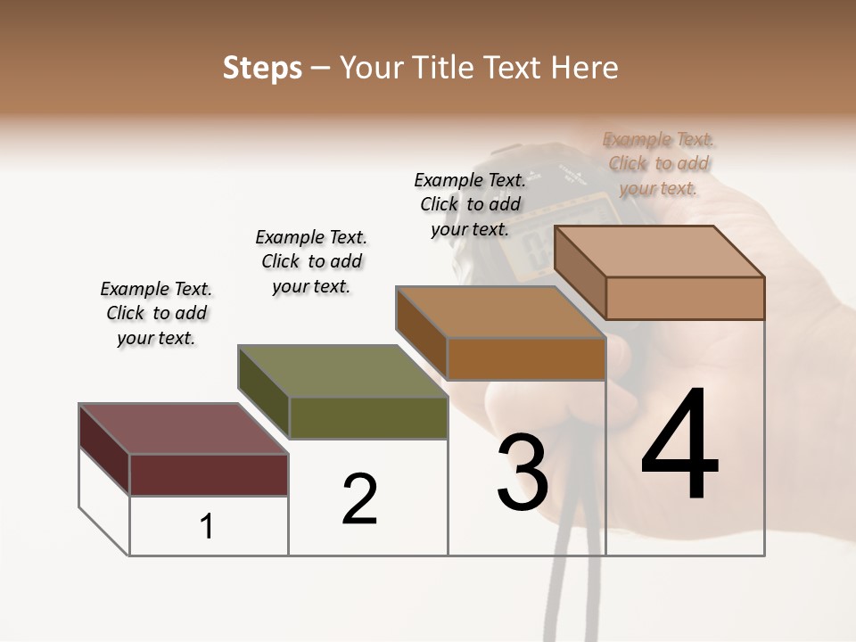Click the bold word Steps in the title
pyautogui.click(x=261, y=68)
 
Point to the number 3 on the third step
pyautogui.click(x=522, y=473)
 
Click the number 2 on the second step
pyautogui.click(x=359, y=499)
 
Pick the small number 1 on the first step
pyautogui.click(x=207, y=526)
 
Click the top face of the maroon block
pyautogui.click(x=183, y=429)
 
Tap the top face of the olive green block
pyautogui.click(x=343, y=371)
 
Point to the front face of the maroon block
pyautogui.click(x=209, y=474)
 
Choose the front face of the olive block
pyautogui.click(x=367, y=417)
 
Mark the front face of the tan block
pyautogui.click(x=685, y=298)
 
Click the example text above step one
pyautogui.click(x=156, y=313)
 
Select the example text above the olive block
pyautogui.click(x=311, y=261)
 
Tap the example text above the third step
pyautogui.click(x=470, y=204)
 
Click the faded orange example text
pyautogui.click(x=658, y=163)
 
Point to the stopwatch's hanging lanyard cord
pyautogui.click(x=571, y=588)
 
